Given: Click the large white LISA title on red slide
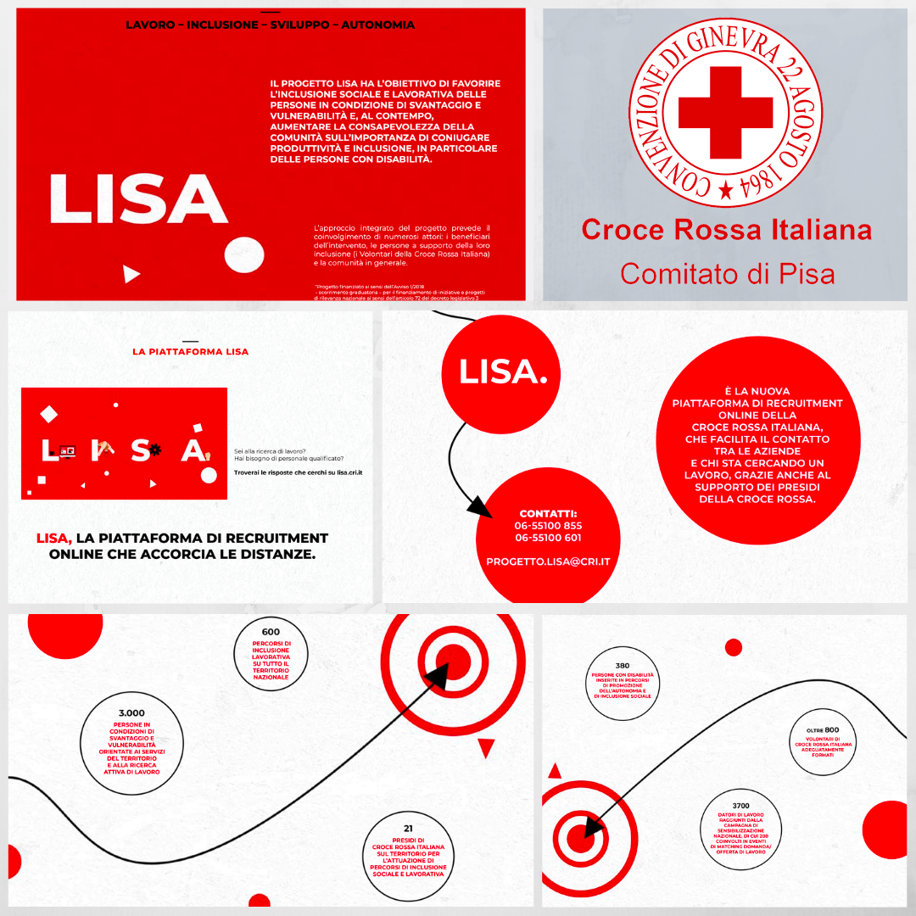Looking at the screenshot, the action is (x=138, y=199).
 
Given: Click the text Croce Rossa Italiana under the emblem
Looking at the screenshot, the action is (x=727, y=230).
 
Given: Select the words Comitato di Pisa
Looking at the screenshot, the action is (x=727, y=273).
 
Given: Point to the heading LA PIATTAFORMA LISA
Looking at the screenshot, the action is (x=191, y=351).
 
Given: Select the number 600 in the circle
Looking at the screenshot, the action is (x=271, y=632).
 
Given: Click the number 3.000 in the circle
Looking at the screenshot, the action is (x=131, y=713).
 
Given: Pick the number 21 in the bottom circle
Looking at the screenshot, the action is (x=408, y=829).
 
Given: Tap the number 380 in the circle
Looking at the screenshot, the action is (x=623, y=666).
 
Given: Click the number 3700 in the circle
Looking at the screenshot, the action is (x=740, y=806).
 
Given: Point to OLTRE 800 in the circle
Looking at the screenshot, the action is (x=823, y=730).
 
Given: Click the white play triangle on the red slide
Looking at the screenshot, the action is (x=131, y=273).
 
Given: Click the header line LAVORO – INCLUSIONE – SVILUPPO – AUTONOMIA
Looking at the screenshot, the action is (x=271, y=25).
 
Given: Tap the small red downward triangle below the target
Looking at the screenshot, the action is (x=486, y=747).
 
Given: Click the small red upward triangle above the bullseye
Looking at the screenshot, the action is (x=555, y=771).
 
